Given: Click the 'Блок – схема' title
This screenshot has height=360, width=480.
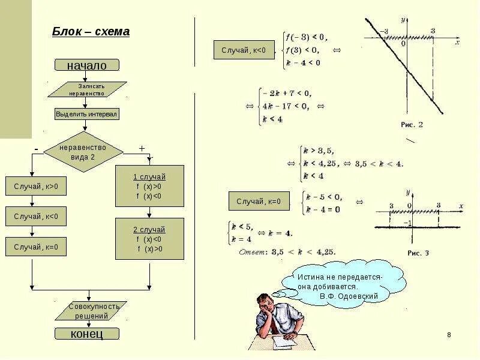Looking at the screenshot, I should point(90,32).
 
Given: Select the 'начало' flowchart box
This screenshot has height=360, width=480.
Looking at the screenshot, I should point(87,65).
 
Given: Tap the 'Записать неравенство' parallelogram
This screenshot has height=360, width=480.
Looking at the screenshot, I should point(87,89).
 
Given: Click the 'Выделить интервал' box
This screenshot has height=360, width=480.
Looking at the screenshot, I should point(87,113).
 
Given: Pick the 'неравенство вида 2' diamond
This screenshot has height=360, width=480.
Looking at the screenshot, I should point(83,152).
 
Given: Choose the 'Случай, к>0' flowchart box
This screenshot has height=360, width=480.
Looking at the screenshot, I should point(36,187).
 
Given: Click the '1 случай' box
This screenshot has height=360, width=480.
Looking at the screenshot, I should point(149,186).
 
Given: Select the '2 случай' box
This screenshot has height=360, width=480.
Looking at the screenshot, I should point(149,238).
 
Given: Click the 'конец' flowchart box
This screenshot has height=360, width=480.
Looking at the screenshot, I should point(87,334).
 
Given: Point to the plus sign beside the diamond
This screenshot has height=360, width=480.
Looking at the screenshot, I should point(142,148).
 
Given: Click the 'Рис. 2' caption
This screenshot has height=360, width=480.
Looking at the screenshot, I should point(412,125).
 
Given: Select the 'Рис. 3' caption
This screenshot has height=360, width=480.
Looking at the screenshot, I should point(418,253).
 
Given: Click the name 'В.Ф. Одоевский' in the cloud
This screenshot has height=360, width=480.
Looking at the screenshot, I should point(349,296).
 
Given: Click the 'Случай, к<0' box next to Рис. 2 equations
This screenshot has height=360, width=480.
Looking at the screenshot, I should point(244,49).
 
